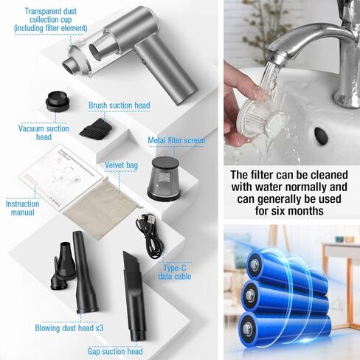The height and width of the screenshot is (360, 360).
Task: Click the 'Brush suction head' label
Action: coord(119,105)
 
